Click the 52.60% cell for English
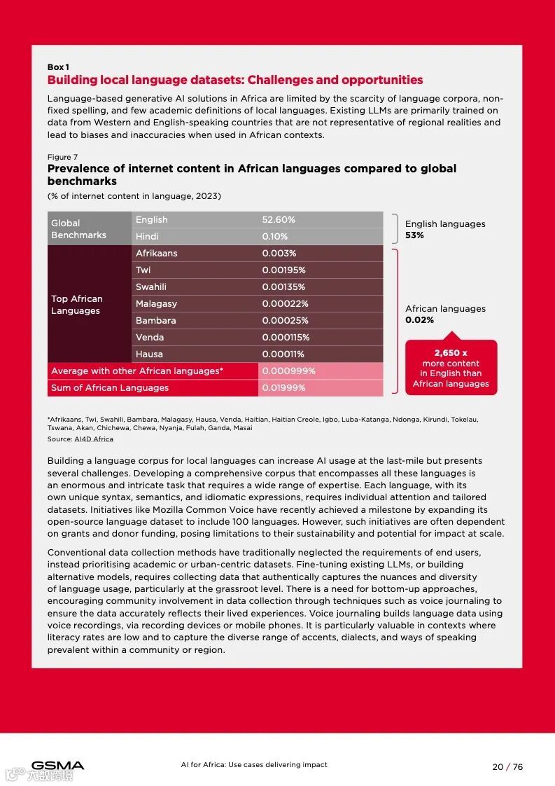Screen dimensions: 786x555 click(x=279, y=220)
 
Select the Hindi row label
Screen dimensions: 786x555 click(x=147, y=237)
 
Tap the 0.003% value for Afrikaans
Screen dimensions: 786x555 click(x=279, y=254)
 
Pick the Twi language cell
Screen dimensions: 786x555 click(x=143, y=270)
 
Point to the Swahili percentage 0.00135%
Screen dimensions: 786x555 click(x=283, y=287)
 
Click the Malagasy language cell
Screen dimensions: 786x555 click(x=156, y=304)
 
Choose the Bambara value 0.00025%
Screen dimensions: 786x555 click(x=285, y=321)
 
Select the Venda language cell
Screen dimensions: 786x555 click(x=150, y=338)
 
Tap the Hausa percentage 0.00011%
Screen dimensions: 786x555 click(x=283, y=354)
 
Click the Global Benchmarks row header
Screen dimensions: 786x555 click(x=78, y=229)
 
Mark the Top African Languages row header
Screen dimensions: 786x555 click(x=77, y=305)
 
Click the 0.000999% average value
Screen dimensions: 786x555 click(x=288, y=371)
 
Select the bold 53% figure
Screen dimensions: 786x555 click(x=414, y=235)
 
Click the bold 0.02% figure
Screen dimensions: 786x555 click(x=419, y=320)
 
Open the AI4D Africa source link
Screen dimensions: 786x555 click(x=94, y=439)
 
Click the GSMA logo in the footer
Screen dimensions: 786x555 click(x=57, y=766)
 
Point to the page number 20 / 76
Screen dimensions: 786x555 click(x=507, y=766)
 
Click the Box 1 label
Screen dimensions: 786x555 click(x=58, y=67)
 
